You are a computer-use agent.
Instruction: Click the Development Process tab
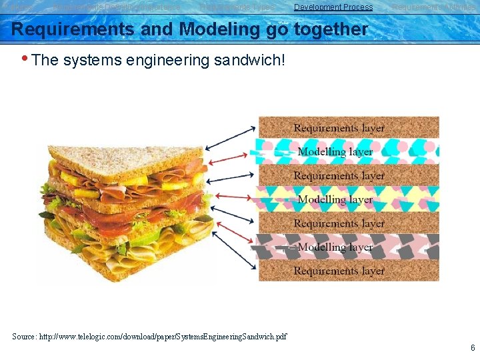[x=333, y=7]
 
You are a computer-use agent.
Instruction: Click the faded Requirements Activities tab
[x=433, y=7]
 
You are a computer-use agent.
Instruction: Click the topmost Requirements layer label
[x=339, y=128]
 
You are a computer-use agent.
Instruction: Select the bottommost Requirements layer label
[x=339, y=271]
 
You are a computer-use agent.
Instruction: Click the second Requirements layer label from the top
[x=339, y=176]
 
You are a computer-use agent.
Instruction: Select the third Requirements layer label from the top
[x=339, y=223]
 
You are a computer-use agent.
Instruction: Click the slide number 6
[x=472, y=348]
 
